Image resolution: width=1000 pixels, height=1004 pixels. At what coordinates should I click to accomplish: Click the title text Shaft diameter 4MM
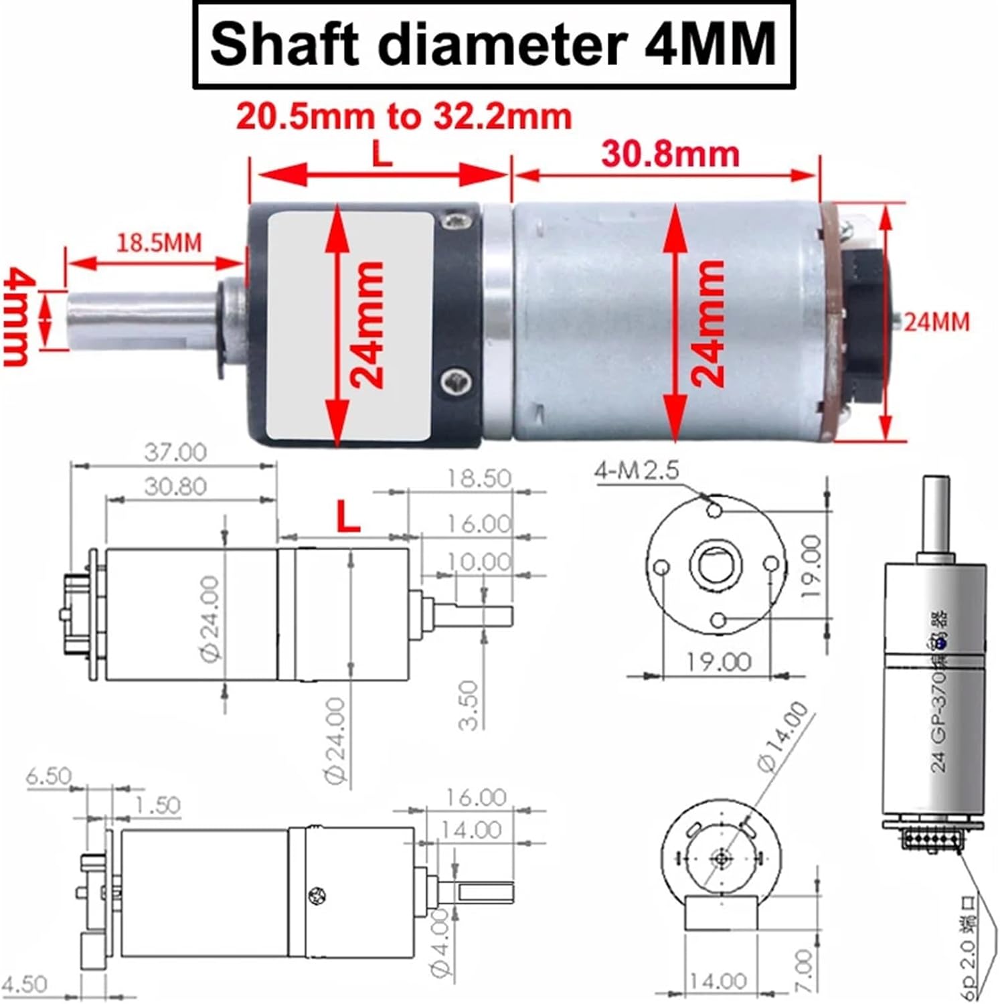[493, 44]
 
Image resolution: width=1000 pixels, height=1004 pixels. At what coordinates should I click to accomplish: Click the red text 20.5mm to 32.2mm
[404, 116]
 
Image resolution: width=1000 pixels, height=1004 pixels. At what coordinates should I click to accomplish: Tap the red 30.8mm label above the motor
[671, 155]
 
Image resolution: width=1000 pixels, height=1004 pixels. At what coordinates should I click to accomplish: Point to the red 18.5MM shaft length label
[159, 242]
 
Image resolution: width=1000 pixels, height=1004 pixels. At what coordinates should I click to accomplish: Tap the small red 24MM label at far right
[936, 323]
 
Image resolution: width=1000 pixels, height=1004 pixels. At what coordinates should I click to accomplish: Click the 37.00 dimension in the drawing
[175, 452]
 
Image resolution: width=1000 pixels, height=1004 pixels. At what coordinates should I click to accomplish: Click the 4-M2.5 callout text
[637, 471]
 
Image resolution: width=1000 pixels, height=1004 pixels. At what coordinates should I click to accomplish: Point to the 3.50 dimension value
[470, 705]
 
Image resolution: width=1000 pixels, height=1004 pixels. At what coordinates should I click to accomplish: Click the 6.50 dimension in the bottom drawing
[48, 776]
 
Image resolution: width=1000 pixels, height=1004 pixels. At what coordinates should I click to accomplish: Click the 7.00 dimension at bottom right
[805, 971]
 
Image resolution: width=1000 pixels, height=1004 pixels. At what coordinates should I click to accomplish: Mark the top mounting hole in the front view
[715, 511]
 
